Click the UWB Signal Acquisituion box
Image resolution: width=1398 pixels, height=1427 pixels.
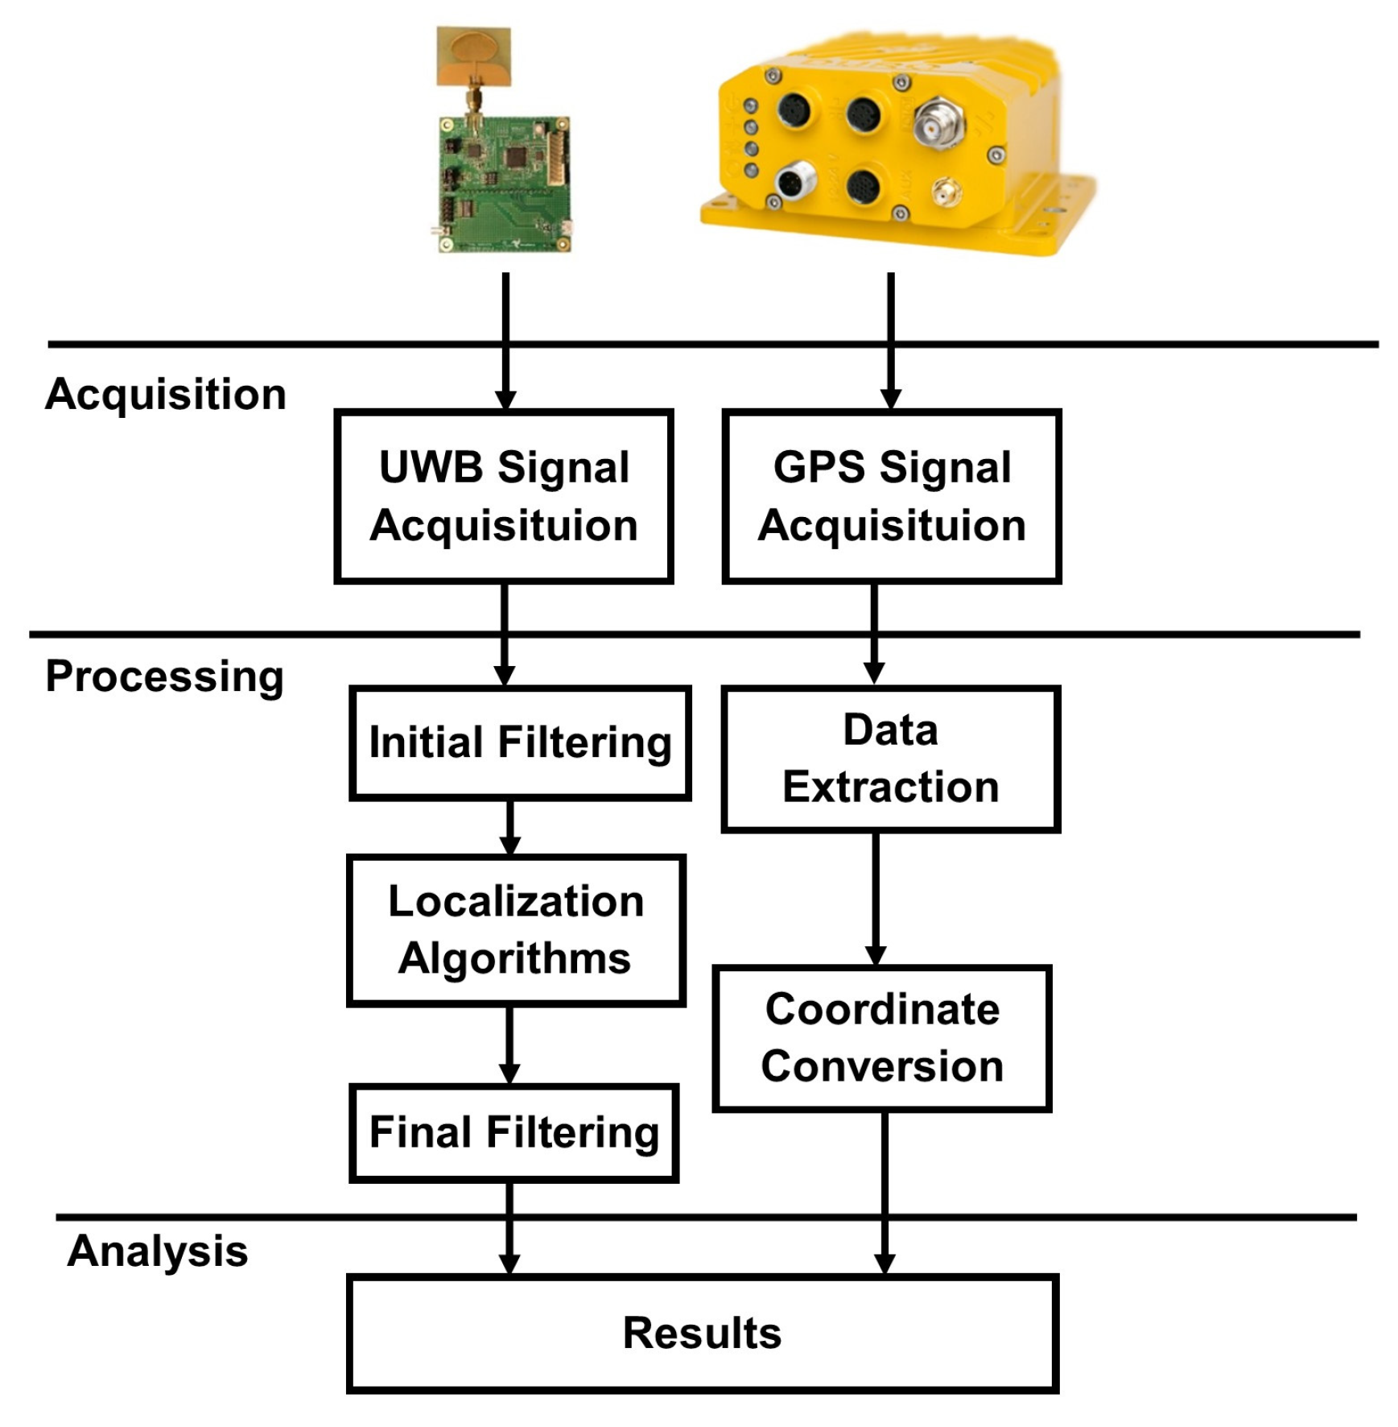point(503,496)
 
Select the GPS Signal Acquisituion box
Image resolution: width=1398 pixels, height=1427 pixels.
point(891,496)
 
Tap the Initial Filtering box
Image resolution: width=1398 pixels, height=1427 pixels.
point(520,742)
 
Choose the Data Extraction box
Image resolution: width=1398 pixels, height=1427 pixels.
point(890,759)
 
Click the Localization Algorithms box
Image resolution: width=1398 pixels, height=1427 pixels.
point(515,930)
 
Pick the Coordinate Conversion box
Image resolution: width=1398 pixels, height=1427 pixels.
point(882,1038)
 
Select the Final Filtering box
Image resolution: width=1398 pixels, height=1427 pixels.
point(513,1132)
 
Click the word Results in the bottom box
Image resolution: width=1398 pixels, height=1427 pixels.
point(702,1333)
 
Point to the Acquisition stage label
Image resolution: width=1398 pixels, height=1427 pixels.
point(166,395)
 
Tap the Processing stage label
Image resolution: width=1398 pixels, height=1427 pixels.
point(165,676)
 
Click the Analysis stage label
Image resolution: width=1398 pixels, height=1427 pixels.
point(158,1251)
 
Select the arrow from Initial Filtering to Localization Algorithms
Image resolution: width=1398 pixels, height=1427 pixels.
point(509,828)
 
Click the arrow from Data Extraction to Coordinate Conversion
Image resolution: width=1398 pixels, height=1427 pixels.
point(876,898)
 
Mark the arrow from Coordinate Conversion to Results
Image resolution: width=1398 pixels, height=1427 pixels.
point(885,1192)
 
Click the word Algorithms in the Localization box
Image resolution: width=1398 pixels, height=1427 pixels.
point(515,959)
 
